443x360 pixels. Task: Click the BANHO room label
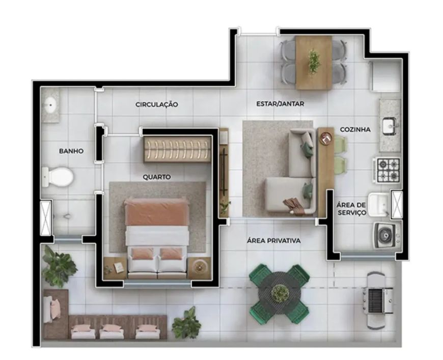click(71, 151)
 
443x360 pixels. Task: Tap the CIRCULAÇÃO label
click(157, 104)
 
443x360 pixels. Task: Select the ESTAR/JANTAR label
click(280, 104)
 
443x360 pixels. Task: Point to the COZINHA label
click(355, 129)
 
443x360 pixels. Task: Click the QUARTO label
click(157, 177)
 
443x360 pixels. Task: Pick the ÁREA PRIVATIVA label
click(274, 241)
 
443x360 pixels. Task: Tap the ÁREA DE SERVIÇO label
click(351, 209)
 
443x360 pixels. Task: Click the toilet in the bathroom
click(58, 177)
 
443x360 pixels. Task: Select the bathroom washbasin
click(51, 105)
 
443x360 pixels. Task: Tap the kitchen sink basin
click(390, 127)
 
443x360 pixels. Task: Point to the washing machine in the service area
click(387, 235)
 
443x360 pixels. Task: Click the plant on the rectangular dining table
click(314, 62)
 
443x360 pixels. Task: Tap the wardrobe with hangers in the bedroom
click(178, 149)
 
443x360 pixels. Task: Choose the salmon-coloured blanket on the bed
click(156, 212)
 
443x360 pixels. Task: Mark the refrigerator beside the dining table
click(385, 75)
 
